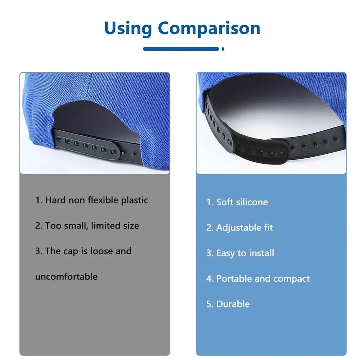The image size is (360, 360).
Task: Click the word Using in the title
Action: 128,28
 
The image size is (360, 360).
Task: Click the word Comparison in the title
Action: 209,29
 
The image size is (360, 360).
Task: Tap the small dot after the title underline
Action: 223,49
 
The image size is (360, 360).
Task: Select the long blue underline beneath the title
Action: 181,49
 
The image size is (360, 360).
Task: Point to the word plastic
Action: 134,201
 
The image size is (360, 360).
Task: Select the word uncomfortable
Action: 66,276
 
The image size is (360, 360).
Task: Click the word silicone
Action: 252,202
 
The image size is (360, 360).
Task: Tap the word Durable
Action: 233,304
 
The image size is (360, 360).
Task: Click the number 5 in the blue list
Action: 209,304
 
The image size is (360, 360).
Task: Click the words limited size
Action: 115,226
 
